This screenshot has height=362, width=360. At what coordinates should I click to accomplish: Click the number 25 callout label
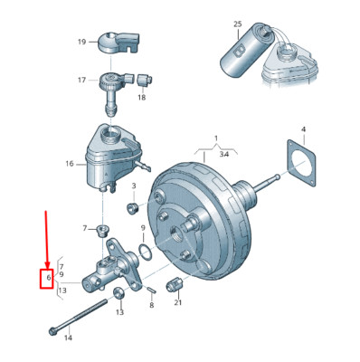tap(238, 24)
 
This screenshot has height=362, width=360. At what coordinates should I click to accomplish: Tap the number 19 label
tap(82, 42)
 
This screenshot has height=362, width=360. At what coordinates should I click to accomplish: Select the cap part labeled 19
tap(119, 42)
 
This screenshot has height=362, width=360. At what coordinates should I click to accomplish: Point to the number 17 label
tap(82, 80)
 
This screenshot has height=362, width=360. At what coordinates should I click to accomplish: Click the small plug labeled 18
tap(145, 80)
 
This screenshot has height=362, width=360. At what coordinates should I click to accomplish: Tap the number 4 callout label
tap(303, 129)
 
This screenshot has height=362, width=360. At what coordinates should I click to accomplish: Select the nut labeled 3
tap(132, 207)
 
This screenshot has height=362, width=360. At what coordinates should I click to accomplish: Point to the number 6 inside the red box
tap(49, 278)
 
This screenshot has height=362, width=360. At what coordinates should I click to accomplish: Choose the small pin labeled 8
tap(151, 290)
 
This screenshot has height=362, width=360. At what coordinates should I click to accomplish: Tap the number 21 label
tap(178, 302)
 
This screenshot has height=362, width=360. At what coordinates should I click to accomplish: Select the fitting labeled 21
tap(175, 284)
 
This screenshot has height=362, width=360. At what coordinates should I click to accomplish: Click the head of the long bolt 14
tap(52, 331)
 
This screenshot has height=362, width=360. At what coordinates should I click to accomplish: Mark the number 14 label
tap(69, 338)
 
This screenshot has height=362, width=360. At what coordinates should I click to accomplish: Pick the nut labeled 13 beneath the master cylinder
tap(118, 293)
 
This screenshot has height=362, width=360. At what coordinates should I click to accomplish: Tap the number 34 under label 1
tap(224, 154)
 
